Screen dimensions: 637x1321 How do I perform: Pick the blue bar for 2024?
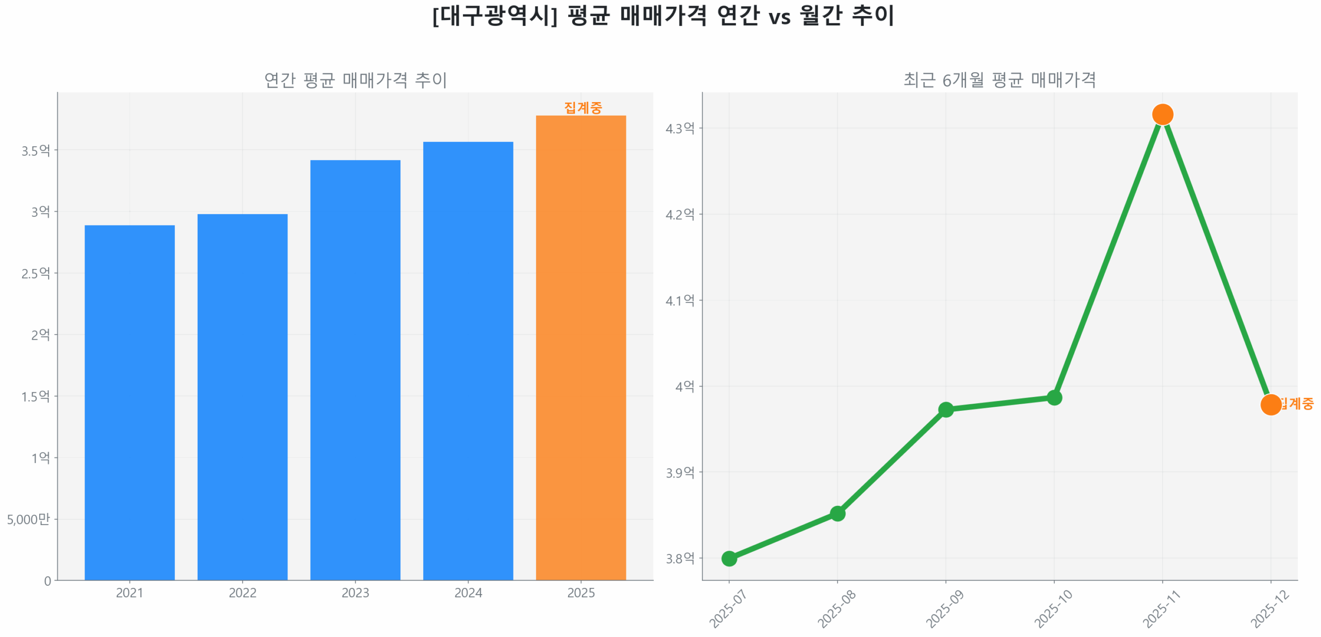(468, 360)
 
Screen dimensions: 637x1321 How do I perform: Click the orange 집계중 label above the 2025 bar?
(583, 108)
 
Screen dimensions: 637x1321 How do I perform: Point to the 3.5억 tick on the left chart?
(36, 151)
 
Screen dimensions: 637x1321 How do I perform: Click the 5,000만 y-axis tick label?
(28, 519)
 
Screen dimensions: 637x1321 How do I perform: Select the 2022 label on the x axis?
(243, 593)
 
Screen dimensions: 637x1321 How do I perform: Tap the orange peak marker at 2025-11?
(1162, 114)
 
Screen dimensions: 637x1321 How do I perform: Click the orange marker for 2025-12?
(1270, 404)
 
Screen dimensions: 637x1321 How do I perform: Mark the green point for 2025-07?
(729, 558)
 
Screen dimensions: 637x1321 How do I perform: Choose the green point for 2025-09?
(945, 410)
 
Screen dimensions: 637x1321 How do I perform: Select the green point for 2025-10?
(1054, 397)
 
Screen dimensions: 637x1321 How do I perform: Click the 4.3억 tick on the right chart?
(680, 128)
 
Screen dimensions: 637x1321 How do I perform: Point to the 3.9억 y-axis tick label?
(680, 472)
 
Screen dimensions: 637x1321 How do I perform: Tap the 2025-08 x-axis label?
(836, 609)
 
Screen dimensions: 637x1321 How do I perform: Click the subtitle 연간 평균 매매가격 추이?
(355, 80)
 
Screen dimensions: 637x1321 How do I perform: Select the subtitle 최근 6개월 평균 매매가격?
(999, 80)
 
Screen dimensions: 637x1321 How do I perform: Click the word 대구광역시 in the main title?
(495, 16)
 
